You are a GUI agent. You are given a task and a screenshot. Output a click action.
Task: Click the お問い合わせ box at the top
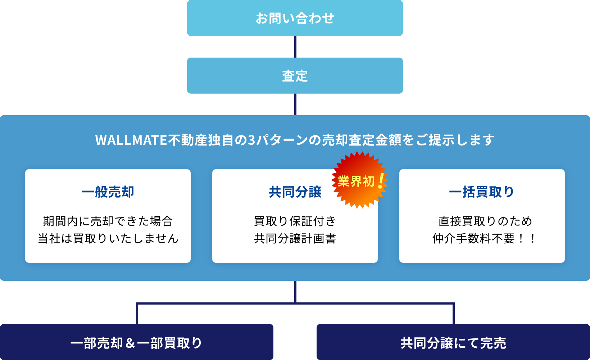tap(295, 18)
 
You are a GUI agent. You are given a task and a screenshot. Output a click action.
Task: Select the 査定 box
tap(295, 76)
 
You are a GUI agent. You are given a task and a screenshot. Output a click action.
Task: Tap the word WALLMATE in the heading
tap(131, 140)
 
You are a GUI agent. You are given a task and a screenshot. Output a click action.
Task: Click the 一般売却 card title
tap(108, 192)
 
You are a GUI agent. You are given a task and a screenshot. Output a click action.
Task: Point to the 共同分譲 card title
tap(295, 192)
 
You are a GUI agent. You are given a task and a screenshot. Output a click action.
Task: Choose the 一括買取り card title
tap(482, 192)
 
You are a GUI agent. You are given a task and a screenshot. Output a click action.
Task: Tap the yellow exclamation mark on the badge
tap(381, 181)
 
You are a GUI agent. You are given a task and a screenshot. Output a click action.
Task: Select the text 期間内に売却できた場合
tap(108, 221)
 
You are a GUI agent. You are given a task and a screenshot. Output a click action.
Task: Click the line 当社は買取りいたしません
tap(108, 238)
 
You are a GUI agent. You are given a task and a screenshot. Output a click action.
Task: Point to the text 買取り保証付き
tap(295, 221)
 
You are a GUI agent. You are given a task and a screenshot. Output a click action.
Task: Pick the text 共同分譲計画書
tap(295, 238)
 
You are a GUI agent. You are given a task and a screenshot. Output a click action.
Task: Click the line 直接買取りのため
tap(485, 221)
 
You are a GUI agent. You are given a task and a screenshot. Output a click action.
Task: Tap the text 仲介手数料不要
tap(474, 238)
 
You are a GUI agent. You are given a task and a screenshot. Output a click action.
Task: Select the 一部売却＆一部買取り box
tap(136, 342)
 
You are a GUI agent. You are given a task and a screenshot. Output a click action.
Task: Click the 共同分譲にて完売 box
tap(453, 342)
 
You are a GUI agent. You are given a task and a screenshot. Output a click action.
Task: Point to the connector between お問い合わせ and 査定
tap(295, 47)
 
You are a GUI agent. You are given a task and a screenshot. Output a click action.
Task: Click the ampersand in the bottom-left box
tap(130, 343)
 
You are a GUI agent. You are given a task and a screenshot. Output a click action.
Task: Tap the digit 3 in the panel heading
tap(252, 140)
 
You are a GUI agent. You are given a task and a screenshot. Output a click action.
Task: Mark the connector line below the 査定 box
tap(295, 104)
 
